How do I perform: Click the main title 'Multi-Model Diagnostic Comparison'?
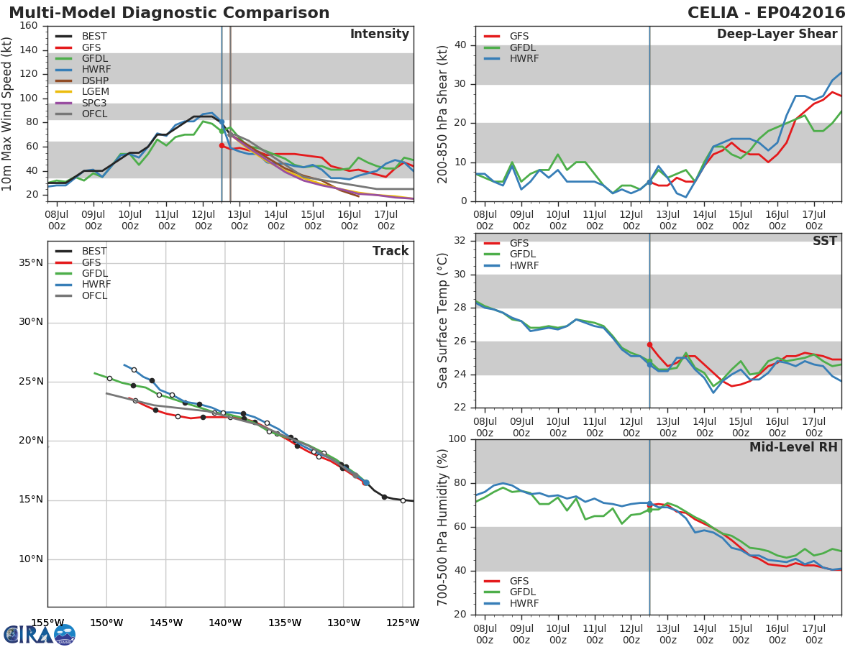click(169, 13)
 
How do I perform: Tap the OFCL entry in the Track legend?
click(94, 295)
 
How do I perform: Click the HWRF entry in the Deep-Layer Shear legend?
click(523, 58)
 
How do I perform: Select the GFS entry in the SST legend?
click(519, 243)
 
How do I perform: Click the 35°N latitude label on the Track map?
click(30, 263)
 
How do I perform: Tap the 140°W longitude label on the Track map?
click(225, 623)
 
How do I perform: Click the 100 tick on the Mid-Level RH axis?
click(457, 439)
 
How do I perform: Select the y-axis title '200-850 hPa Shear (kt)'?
click(444, 114)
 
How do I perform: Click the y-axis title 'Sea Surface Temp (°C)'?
click(444, 321)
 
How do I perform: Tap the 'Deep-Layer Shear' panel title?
click(777, 35)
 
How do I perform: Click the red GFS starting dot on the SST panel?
click(649, 345)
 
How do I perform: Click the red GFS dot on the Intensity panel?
click(222, 145)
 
